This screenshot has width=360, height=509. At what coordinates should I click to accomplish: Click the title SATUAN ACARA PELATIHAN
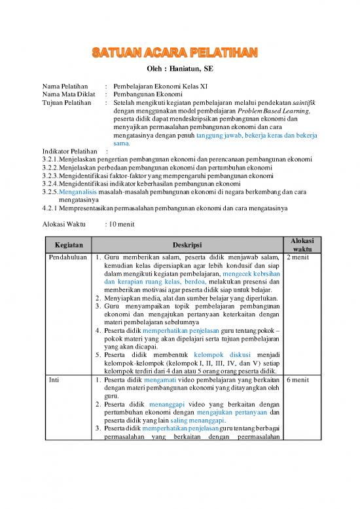[x=179, y=52]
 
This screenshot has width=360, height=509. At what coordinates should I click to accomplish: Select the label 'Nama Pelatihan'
[x=65, y=85]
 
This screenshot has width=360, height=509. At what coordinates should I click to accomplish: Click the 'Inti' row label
[x=49, y=379]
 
